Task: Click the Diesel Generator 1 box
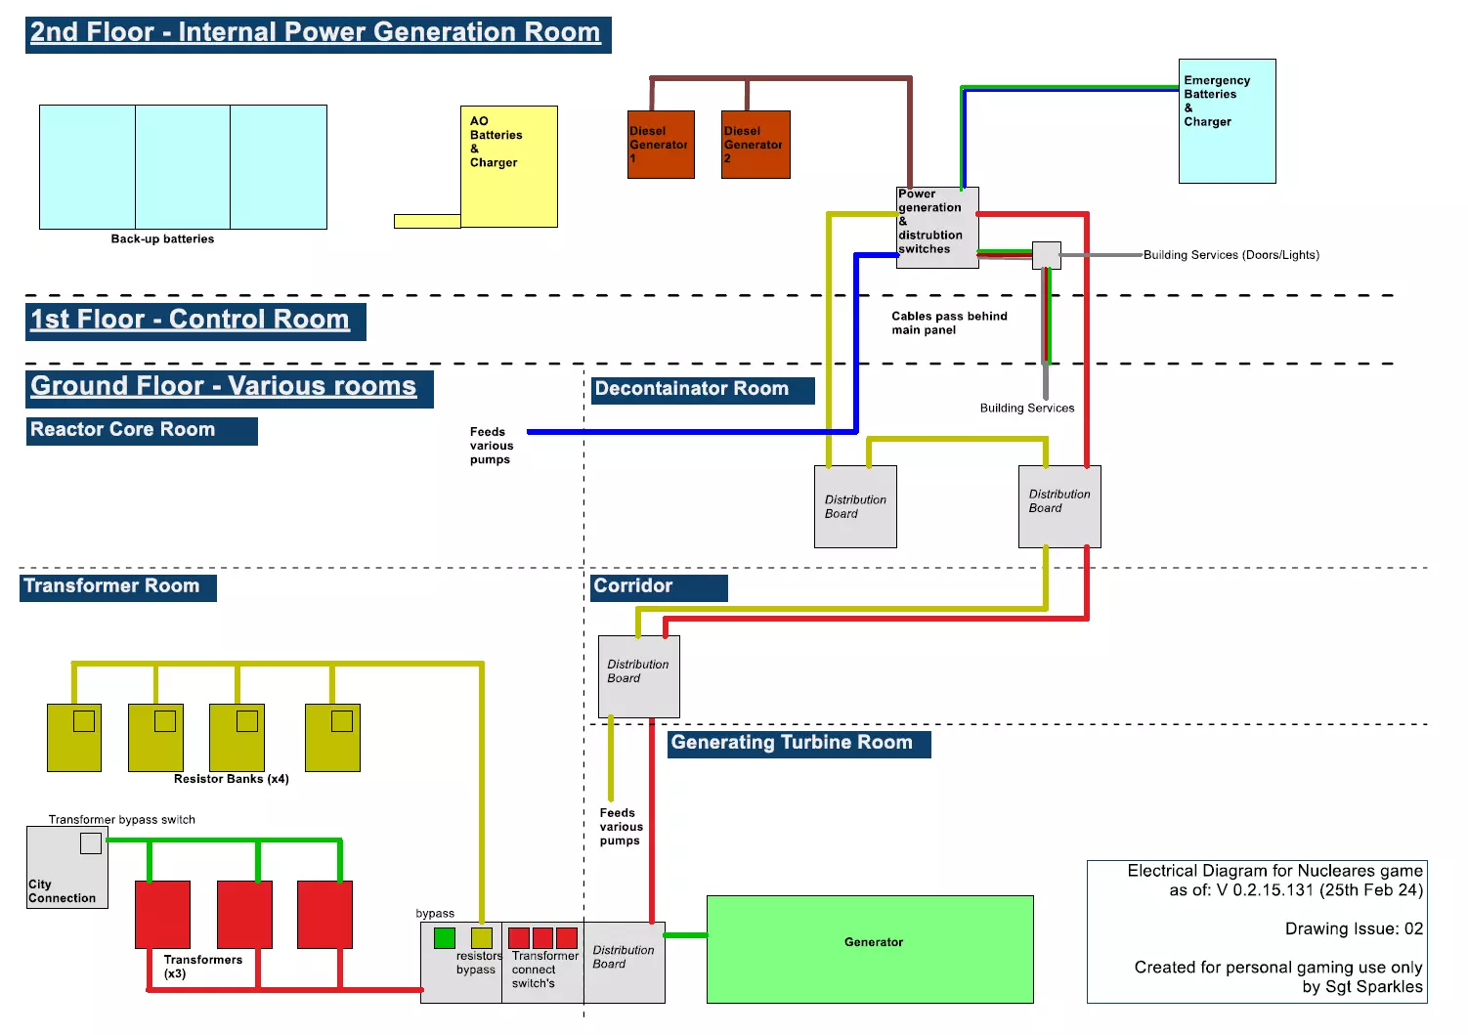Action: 661,145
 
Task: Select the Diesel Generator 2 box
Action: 756,145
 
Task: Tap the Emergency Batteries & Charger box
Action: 1227,121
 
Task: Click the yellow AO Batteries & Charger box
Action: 508,166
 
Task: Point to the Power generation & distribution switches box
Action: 936,227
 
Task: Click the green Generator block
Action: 870,949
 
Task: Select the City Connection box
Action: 66,868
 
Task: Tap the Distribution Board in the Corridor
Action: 638,676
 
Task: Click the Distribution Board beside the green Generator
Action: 624,962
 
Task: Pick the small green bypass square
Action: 445,938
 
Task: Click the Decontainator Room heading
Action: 702,390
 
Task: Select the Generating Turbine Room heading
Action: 799,744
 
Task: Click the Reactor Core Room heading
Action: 142,431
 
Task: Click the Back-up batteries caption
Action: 162,239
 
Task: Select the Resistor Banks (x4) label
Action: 231,779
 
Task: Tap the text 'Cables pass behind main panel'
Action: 948,323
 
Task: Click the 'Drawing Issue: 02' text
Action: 1354,929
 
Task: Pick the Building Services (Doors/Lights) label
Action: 1231,255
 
